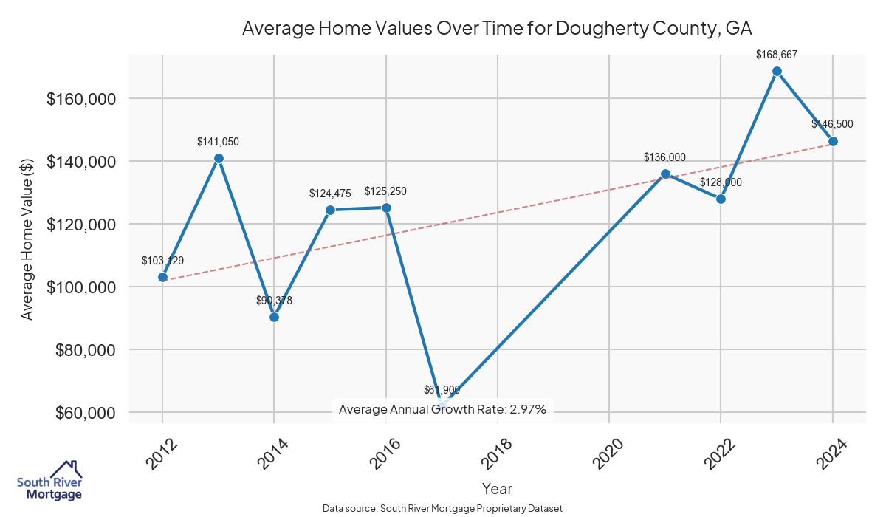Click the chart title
(497, 29)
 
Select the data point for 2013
(219, 158)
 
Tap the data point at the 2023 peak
(777, 72)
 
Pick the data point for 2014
(274, 317)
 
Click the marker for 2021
(665, 174)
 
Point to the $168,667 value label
(777, 54)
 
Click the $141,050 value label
(218, 141)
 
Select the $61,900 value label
(442, 389)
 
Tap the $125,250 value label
(385, 191)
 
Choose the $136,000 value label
(664, 157)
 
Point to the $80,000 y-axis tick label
(86, 349)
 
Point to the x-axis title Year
(497, 488)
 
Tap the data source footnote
(443, 509)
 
